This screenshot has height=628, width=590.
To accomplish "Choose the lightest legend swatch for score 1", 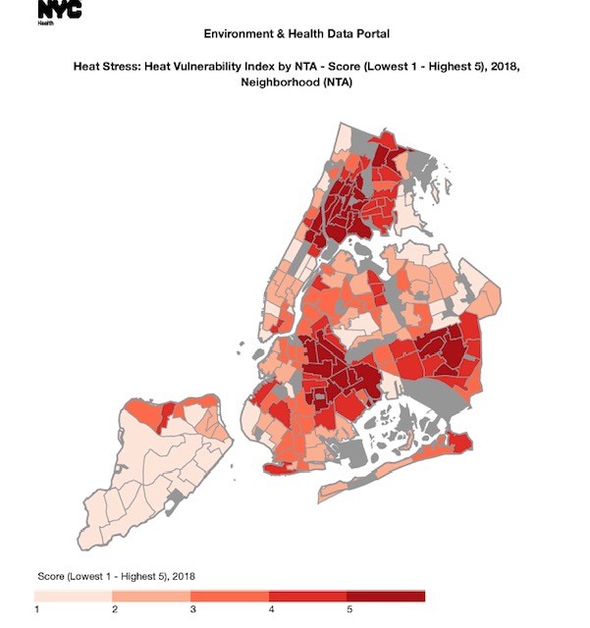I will [x=73, y=596].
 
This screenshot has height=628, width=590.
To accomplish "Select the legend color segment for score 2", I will [x=150, y=596].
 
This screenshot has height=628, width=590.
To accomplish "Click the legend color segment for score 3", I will [x=229, y=596].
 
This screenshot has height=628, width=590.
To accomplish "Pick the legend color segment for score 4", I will [x=307, y=596].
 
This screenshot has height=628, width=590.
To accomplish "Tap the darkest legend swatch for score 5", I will [x=386, y=596].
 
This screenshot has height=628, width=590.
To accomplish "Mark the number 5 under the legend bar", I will [x=349, y=610].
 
